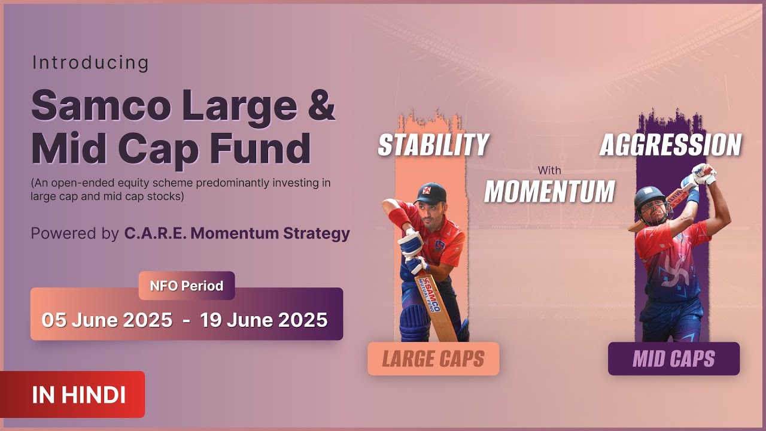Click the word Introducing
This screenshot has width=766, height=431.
click(x=90, y=63)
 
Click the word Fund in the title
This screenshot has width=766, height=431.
click(x=260, y=148)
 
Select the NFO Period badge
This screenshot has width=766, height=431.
click(x=187, y=286)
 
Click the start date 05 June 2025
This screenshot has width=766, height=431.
click(x=107, y=320)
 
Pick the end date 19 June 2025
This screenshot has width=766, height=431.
click(x=264, y=320)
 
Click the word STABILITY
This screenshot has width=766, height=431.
click(x=434, y=145)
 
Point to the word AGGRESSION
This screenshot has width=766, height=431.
click(x=671, y=145)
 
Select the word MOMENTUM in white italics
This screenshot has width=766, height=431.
click(x=549, y=191)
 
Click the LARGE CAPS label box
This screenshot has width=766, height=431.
click(x=433, y=359)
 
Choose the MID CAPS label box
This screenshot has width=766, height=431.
click(x=674, y=359)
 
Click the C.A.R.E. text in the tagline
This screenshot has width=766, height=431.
click(x=155, y=233)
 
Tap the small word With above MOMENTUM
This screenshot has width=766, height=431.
click(x=549, y=170)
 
